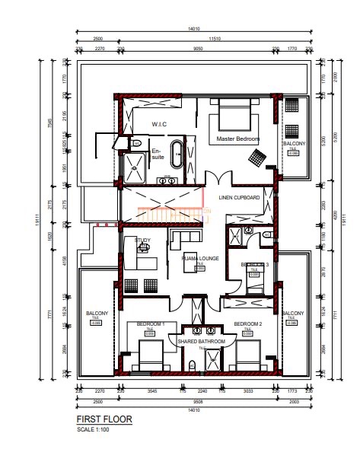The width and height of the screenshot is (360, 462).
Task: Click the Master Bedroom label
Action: [237, 139]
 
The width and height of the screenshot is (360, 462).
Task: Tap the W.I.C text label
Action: [159, 125]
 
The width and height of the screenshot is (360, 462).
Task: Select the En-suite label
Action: [157, 154]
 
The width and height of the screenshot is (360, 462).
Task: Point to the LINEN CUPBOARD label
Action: [240, 198]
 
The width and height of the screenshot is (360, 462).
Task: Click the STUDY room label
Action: [142, 241]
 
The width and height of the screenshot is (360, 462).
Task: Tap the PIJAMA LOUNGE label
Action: [200, 259]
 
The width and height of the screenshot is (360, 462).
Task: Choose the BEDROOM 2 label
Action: [248, 324]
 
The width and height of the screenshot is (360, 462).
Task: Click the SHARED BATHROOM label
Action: [202, 342]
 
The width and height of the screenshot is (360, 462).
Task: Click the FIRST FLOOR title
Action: [104, 419]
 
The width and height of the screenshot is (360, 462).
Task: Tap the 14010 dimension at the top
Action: [193, 29]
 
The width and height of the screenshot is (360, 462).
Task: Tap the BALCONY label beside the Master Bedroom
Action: [294, 144]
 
